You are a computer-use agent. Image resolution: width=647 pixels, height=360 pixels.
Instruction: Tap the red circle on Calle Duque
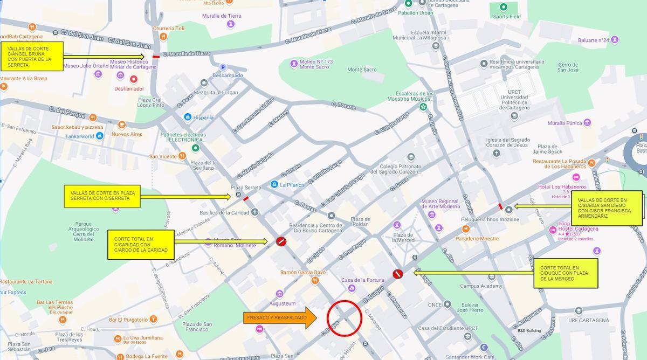344,318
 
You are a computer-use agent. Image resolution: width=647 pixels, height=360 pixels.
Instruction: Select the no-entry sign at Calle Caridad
280,241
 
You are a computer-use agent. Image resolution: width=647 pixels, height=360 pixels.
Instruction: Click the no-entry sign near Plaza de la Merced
397,274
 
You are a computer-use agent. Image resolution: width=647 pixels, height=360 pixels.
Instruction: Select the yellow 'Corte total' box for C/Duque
566,273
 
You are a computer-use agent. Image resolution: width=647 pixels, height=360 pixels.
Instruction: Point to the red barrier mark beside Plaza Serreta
246,198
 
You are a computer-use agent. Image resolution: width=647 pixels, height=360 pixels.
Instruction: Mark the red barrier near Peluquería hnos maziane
500,206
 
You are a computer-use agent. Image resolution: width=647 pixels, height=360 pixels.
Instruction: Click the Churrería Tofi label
169,28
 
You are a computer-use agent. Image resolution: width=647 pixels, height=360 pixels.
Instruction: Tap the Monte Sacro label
362,70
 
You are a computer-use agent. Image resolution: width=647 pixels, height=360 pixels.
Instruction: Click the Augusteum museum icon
279,294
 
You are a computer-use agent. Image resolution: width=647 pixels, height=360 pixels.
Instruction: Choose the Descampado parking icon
222,67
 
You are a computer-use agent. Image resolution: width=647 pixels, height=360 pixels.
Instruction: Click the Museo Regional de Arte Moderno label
440,204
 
